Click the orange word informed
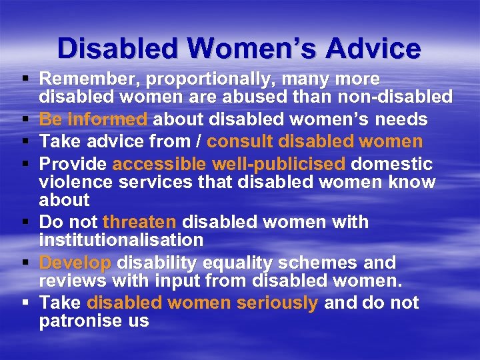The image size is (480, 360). (x=108, y=120)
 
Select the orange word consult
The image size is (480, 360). (x=243, y=141)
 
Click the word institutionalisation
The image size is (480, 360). (x=121, y=239)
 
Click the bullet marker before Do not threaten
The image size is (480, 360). (x=25, y=222)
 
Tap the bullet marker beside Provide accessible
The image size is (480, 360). (x=25, y=164)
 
